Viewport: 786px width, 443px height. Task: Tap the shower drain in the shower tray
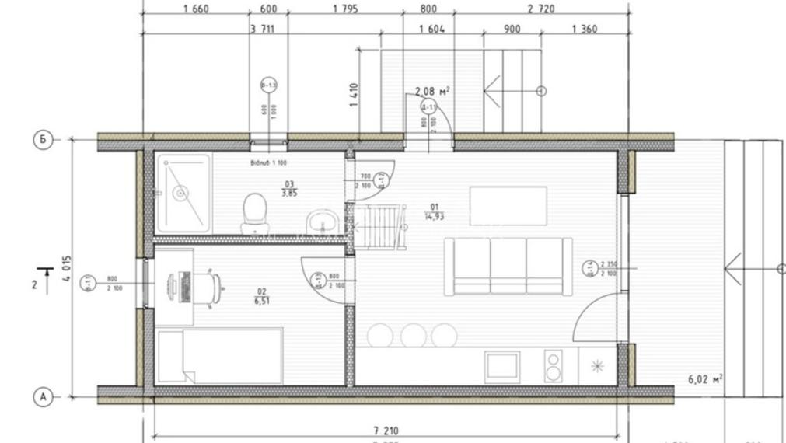(x=180, y=192)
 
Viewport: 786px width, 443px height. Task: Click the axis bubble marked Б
(x=44, y=140)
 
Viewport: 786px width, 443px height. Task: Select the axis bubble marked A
(x=44, y=396)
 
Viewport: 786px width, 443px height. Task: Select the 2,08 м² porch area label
(x=432, y=92)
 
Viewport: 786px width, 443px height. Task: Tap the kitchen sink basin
(x=502, y=366)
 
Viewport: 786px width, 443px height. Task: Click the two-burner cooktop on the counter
(x=554, y=366)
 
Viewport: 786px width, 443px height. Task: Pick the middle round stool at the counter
(x=413, y=335)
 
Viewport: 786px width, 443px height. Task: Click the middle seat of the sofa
(x=508, y=264)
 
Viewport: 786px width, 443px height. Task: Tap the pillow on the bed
(x=172, y=356)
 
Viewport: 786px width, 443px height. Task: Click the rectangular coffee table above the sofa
(x=508, y=204)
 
